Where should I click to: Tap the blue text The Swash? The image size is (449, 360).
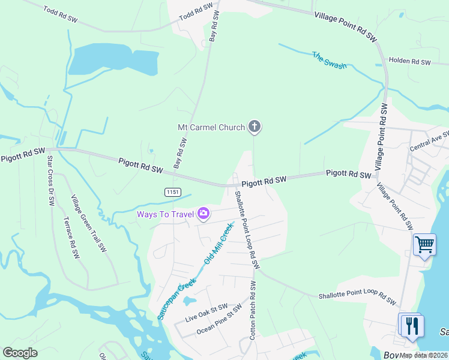click(329, 60)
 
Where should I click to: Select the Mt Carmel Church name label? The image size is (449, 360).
click(211, 127)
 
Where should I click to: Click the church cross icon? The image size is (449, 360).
click(255, 126)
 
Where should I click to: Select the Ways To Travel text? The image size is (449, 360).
click(164, 214)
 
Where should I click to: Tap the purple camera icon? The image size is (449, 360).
click(203, 213)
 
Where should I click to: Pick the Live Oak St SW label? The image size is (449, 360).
click(206, 313)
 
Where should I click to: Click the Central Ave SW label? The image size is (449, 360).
click(429, 142)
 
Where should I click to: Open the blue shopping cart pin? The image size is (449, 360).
click(424, 244)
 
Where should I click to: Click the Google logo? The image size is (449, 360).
click(20, 353)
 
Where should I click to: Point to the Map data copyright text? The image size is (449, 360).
click(424, 355)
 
